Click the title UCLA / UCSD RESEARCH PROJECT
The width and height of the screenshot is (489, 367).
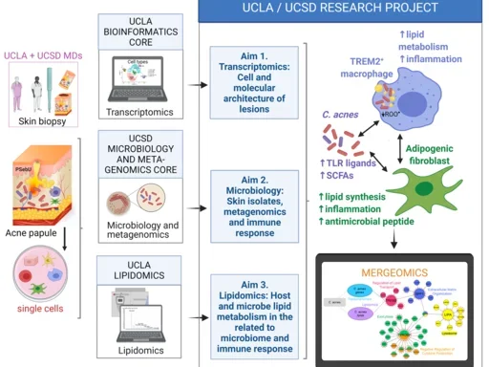pyautogui.click(x=343, y=11)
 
